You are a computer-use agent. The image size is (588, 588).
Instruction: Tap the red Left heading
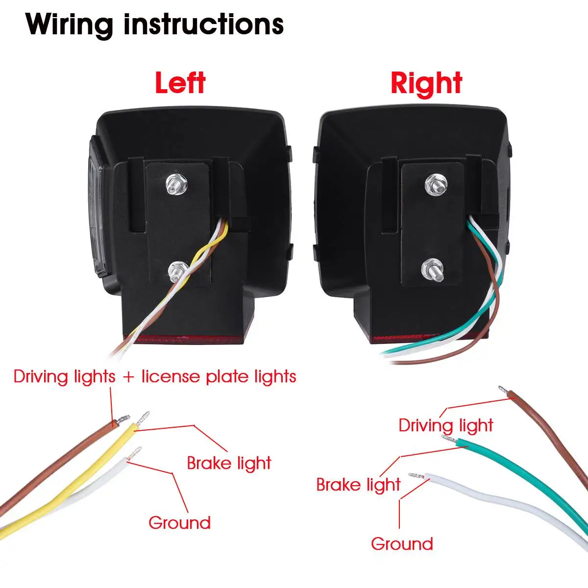coord(180,83)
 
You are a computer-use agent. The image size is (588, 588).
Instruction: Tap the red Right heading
coord(426,83)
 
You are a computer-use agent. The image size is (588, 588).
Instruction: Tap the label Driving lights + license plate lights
coord(155,377)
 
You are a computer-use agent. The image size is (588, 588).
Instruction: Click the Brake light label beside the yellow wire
coord(229,463)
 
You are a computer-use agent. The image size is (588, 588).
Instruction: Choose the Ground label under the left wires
coord(179,523)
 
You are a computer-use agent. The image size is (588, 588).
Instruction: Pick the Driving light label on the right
coord(445,425)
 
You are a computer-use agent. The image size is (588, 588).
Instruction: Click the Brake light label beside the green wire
coord(358,485)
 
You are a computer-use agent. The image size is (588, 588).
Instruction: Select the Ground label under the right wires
coord(402,544)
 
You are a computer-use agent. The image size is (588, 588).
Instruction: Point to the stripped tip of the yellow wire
coord(144,418)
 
